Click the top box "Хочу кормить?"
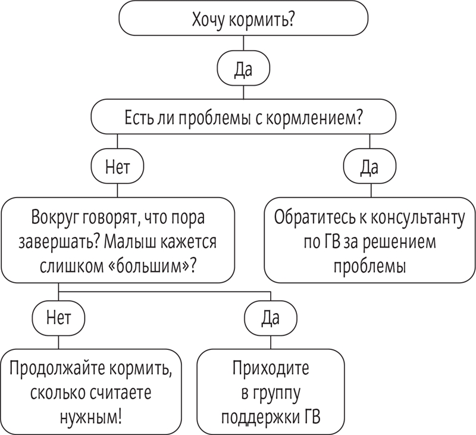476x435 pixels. click(x=243, y=18)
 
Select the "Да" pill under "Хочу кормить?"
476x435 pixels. click(x=243, y=68)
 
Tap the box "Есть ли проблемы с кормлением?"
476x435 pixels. click(x=243, y=117)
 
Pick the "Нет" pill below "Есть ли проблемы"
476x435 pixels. click(x=117, y=166)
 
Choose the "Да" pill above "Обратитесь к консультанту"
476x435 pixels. click(x=369, y=166)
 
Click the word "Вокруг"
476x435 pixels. click(x=56, y=218)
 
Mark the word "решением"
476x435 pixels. click(x=399, y=243)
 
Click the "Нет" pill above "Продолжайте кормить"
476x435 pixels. click(x=58, y=318)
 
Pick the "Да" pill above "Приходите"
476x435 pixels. click(x=271, y=318)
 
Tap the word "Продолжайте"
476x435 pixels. click(x=57, y=368)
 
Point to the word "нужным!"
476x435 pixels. click(x=91, y=418)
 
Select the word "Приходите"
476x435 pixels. click(x=271, y=368)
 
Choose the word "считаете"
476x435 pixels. click(x=121, y=393)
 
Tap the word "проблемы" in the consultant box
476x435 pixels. click(x=369, y=267)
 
